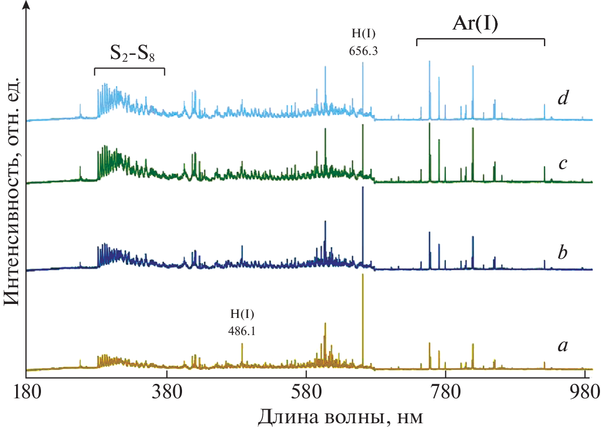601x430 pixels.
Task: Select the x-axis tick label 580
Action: click(306, 390)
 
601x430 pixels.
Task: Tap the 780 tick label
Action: click(445, 390)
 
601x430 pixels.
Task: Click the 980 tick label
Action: click(584, 390)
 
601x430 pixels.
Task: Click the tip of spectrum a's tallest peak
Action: click(363, 274)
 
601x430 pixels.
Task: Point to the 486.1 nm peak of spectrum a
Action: click(242, 344)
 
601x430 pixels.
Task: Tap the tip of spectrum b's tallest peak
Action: click(363, 187)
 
